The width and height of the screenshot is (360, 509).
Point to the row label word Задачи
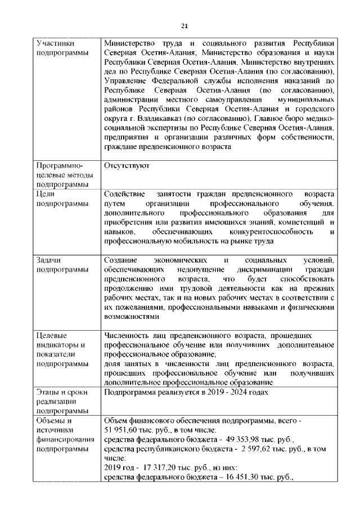tap(48, 260)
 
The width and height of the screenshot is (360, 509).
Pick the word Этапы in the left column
tap(47, 391)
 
